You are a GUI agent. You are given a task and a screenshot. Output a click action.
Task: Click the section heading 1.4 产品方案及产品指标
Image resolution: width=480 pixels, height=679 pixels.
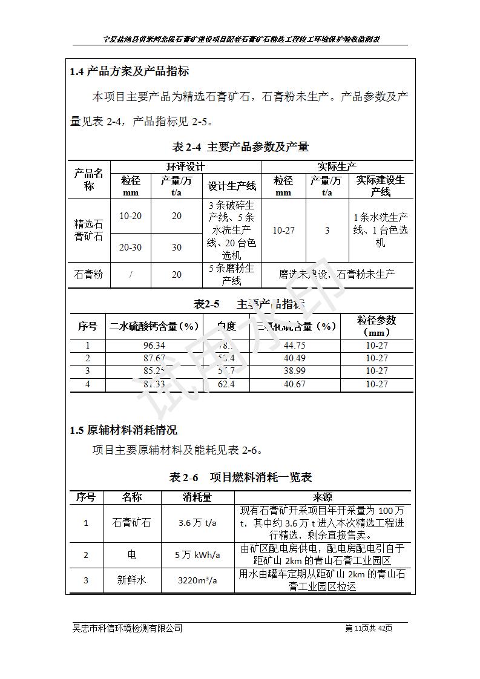coord(130,71)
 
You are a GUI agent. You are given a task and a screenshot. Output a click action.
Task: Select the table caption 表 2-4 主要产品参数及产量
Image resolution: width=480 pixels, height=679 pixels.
coord(241,146)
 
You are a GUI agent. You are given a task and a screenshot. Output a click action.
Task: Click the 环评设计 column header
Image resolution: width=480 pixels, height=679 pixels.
coord(185,166)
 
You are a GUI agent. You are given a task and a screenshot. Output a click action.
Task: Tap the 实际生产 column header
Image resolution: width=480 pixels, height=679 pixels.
coord(337,166)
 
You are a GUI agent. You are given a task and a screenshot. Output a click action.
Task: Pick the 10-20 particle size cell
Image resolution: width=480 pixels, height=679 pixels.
coord(131,216)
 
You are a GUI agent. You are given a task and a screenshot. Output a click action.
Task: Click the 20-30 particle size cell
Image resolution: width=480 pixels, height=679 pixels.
coord(131,248)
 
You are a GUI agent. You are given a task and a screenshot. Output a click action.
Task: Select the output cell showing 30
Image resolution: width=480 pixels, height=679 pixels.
coord(176,248)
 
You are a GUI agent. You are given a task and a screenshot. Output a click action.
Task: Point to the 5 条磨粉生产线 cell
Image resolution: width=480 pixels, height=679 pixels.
coord(231,274)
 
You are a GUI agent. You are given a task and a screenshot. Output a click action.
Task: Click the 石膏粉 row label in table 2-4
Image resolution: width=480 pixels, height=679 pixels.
coord(88,274)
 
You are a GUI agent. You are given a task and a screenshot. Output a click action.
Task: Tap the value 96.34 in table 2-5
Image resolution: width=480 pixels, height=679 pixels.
coord(154,346)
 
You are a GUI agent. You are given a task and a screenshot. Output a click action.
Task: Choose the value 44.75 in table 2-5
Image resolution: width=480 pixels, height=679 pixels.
coord(294,346)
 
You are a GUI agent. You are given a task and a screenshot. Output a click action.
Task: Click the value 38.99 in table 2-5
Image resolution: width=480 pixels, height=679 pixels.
coord(294,371)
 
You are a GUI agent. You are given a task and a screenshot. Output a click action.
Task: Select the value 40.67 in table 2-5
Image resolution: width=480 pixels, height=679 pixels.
coord(294,384)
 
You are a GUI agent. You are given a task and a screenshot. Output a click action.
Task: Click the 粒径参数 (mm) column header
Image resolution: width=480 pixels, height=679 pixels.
coord(376,326)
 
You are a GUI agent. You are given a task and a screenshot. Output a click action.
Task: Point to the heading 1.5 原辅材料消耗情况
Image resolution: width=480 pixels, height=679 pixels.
coord(123,431)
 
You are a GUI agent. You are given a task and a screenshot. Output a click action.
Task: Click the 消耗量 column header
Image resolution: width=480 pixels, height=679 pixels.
coord(197,497)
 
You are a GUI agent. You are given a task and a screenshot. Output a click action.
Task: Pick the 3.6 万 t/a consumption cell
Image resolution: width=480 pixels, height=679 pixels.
coord(197,523)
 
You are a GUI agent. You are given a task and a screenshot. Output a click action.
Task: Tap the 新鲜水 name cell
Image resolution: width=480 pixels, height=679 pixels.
coord(131,580)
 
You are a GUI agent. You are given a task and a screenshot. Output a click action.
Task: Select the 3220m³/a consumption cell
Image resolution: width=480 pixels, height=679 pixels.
coord(197,580)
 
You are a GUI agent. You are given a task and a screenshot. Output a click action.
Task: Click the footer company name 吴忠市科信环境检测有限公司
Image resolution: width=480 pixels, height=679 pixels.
coord(127,628)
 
